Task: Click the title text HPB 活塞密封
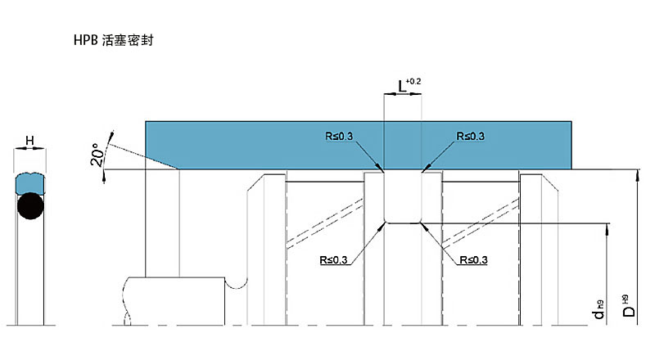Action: tap(114, 40)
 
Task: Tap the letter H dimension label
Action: tap(29, 141)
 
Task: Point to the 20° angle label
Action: tap(97, 155)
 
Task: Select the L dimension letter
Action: tap(402, 87)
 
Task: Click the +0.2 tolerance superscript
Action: tap(413, 81)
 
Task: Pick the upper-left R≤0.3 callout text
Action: tap(339, 136)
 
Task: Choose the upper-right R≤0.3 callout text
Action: tap(470, 136)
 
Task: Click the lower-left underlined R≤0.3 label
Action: tap(333, 259)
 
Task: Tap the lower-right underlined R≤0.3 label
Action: tap(473, 259)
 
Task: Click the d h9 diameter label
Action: tap(599, 309)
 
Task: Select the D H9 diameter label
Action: tap(628, 306)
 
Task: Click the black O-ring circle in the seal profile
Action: tap(30, 206)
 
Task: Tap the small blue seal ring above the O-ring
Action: tap(30, 184)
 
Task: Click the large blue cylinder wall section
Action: tap(359, 146)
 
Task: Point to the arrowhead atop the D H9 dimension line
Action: tap(637, 174)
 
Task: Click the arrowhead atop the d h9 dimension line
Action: tap(608, 228)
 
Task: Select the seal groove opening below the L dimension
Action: tap(403, 197)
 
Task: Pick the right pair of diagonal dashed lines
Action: tap(481, 223)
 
